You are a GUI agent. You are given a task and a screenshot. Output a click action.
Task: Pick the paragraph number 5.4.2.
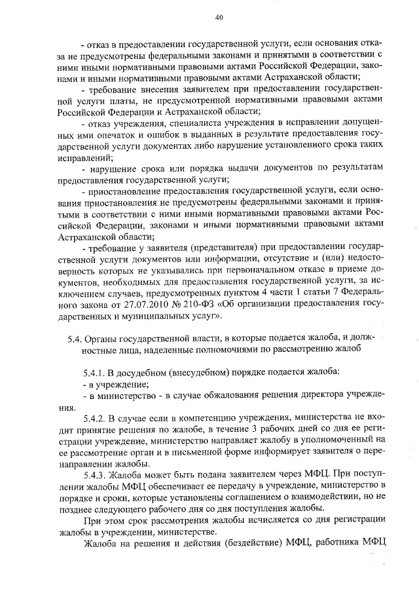tap(96, 417)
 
